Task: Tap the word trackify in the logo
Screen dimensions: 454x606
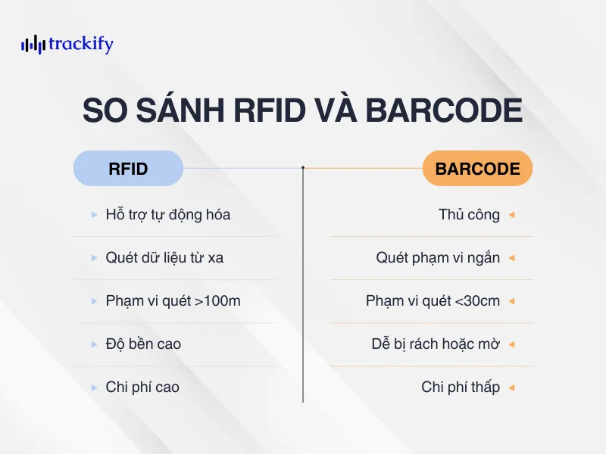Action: [80, 44]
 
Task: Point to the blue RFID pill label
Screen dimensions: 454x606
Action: [128, 168]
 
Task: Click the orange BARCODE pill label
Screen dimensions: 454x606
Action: [478, 168]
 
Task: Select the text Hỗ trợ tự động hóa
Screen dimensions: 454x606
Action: [168, 215]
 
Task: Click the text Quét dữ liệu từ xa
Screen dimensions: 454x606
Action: [164, 258]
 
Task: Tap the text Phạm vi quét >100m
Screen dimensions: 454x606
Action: [173, 301]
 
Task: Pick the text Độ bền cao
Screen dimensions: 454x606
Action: [143, 344]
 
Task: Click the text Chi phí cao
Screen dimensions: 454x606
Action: [142, 387]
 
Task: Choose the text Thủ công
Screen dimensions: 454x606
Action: [469, 215]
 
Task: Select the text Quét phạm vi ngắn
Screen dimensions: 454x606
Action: [438, 258]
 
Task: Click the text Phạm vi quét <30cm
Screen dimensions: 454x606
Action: [433, 301]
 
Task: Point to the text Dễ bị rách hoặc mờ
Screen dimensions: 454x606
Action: [436, 344]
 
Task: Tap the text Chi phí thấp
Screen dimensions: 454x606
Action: [461, 387]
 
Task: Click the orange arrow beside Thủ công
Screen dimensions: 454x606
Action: [512, 215]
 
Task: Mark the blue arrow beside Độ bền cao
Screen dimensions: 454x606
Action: [94, 344]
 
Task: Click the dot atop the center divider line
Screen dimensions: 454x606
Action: [303, 167]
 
